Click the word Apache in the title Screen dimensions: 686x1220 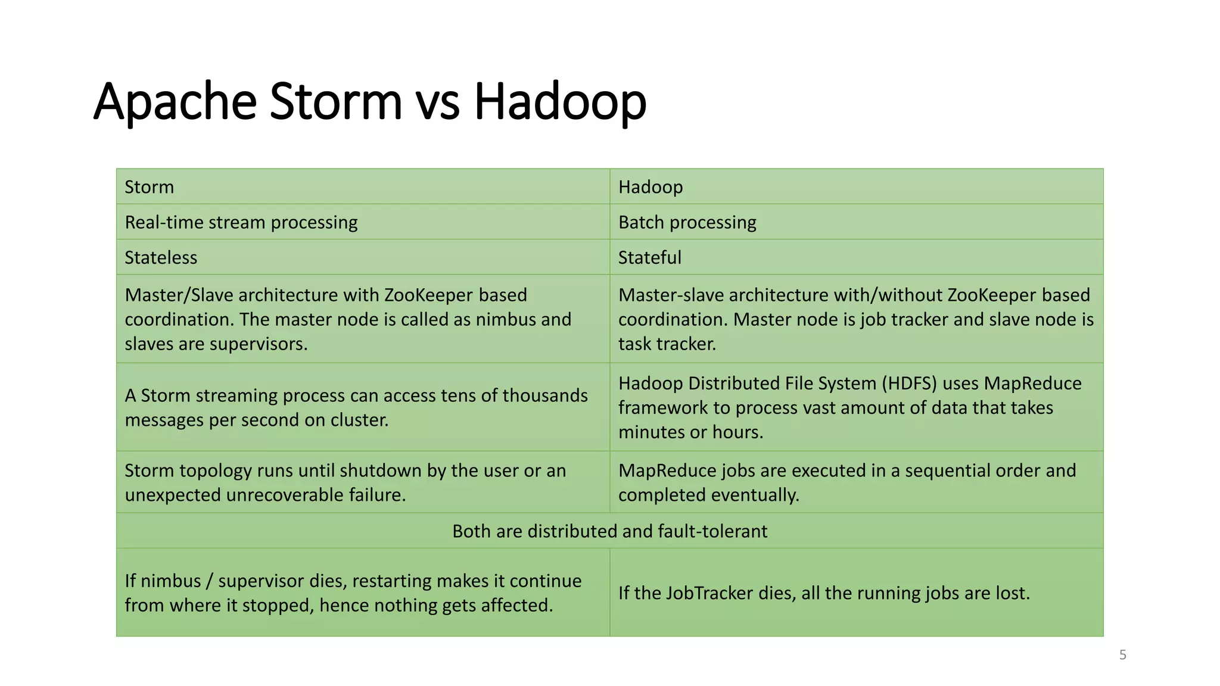[x=175, y=102]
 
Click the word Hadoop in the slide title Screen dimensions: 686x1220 [x=559, y=102]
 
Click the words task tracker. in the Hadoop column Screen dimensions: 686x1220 [x=667, y=344]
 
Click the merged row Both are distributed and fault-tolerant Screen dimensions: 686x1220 [x=609, y=531]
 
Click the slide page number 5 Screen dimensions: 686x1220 [x=1122, y=655]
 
